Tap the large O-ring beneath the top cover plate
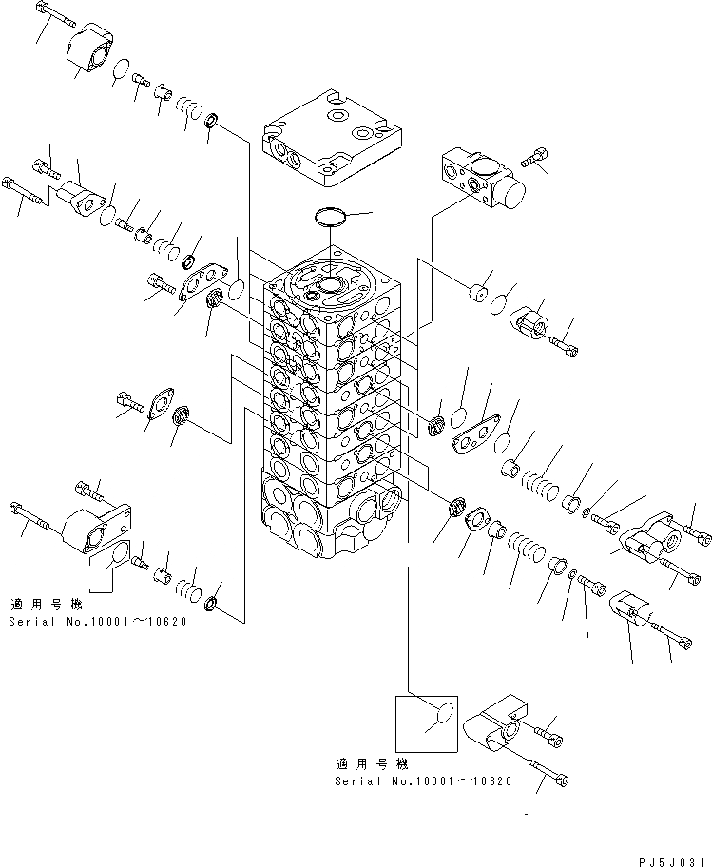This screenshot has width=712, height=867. [332, 218]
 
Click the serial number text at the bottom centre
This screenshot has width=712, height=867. [423, 780]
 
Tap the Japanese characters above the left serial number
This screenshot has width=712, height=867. [47, 604]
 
